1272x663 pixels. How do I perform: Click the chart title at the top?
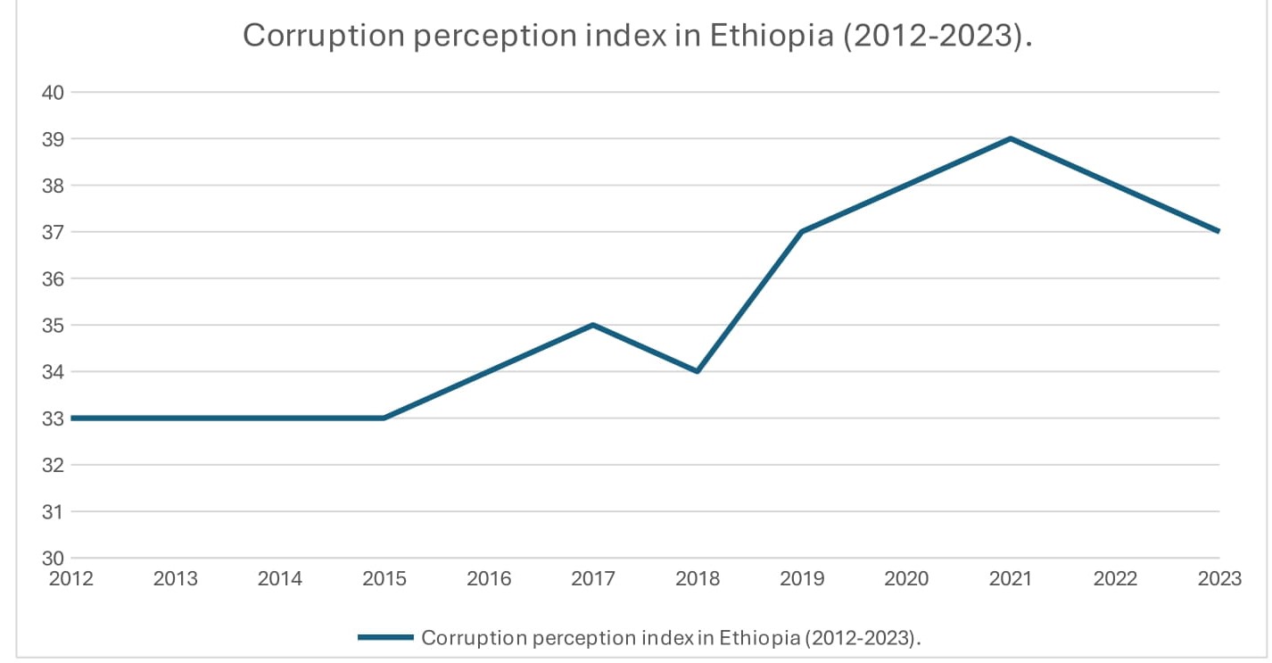(637, 36)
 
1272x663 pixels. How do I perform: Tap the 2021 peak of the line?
(1010, 138)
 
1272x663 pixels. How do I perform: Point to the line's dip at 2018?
(697, 371)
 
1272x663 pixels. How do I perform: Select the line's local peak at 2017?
(592, 325)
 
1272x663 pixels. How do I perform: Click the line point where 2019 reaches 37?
(801, 232)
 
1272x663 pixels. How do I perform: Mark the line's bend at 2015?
(384, 418)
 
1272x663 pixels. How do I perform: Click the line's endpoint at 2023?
(1218, 231)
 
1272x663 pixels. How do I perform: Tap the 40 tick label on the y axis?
(54, 92)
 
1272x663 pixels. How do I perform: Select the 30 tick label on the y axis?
(54, 558)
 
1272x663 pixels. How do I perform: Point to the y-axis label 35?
(54, 325)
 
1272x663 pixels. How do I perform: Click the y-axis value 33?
(54, 419)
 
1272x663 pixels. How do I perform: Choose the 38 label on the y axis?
(54, 186)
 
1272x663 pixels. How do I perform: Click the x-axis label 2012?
(71, 579)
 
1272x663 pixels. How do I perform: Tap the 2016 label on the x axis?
(489, 579)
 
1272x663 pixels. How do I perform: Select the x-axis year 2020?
(906, 579)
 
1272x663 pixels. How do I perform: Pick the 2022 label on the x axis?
(1115, 579)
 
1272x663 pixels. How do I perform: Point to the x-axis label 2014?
(280, 579)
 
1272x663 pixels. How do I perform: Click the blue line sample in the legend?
(385, 637)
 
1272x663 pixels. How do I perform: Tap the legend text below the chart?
(670, 637)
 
